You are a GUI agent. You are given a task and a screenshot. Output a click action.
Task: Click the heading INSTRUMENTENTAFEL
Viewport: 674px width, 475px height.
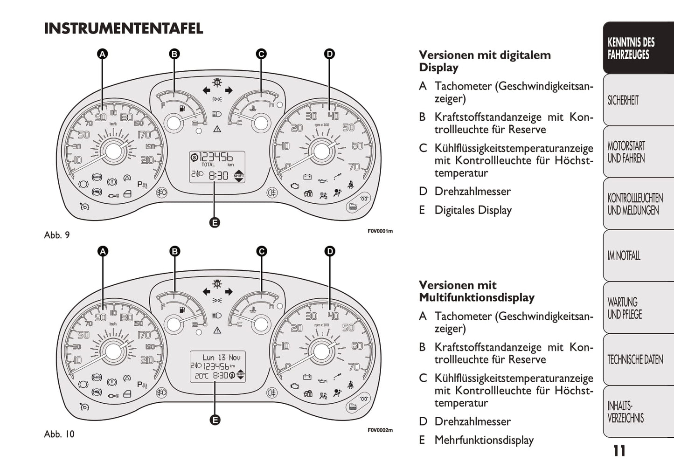tap(123, 28)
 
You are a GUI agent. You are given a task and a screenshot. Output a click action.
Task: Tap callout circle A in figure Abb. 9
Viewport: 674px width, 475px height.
tap(103, 54)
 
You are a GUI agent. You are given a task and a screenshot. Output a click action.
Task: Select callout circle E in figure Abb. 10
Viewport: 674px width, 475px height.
tap(215, 420)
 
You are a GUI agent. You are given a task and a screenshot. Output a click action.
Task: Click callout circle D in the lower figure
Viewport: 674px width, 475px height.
tap(330, 251)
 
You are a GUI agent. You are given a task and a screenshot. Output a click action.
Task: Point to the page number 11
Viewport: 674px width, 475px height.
tap(619, 451)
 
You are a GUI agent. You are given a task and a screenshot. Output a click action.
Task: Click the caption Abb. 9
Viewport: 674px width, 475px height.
tap(57, 235)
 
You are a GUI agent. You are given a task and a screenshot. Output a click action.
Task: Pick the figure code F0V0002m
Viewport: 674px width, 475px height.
tap(380, 430)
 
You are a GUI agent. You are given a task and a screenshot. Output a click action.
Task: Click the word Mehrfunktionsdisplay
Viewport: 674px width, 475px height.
tap(484, 440)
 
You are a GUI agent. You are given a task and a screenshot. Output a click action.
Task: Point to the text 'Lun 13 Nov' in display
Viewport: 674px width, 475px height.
tap(222, 358)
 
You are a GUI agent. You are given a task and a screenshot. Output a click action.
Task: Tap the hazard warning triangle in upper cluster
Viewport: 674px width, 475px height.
tap(217, 129)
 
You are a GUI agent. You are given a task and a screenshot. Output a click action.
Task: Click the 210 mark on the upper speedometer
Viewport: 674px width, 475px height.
tap(147, 160)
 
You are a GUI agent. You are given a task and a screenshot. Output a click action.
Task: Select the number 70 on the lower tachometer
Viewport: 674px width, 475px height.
tap(354, 367)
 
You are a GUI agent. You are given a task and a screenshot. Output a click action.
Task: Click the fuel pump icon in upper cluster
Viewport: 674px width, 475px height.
tap(182, 108)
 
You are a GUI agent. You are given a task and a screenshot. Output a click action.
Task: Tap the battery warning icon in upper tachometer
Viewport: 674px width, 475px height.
tap(307, 177)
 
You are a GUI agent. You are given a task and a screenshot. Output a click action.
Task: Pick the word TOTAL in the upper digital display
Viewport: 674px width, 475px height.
tap(208, 165)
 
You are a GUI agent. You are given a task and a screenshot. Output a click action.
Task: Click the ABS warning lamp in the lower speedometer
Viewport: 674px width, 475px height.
tap(97, 378)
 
